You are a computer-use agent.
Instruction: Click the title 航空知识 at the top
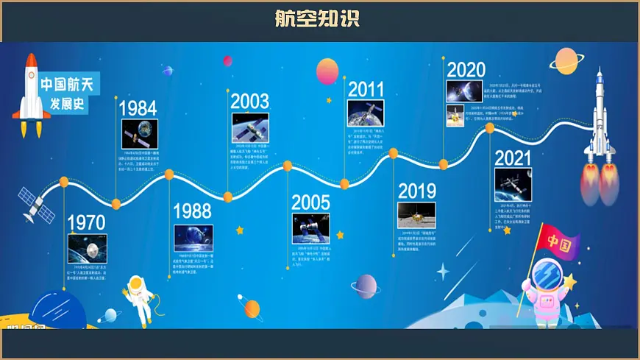(x=318, y=18)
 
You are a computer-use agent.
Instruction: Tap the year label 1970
(x=87, y=222)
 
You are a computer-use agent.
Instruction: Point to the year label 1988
(x=192, y=211)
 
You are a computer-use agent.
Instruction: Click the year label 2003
(x=249, y=101)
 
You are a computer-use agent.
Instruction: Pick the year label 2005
(x=310, y=202)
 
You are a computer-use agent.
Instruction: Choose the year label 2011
(x=366, y=89)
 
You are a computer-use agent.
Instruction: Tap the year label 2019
(x=417, y=191)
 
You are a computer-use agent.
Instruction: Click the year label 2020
(x=466, y=70)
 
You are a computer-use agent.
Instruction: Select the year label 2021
(x=513, y=158)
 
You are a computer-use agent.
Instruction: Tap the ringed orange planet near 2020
(x=566, y=60)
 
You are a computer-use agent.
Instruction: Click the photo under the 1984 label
(x=139, y=134)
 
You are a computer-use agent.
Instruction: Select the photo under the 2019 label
(x=416, y=215)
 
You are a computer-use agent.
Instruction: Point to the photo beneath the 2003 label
(x=250, y=127)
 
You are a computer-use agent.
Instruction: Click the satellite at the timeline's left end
(x=36, y=204)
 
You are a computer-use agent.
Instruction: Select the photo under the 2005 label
(x=310, y=227)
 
